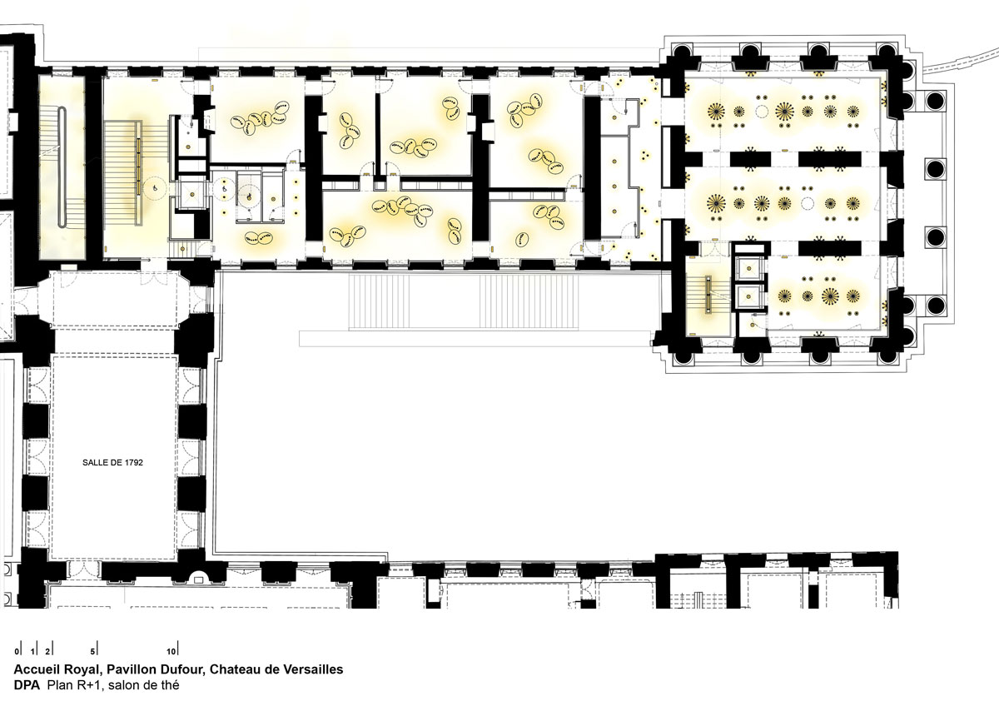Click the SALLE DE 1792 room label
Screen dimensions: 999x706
[x=112, y=463]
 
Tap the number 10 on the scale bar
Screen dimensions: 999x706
[x=171, y=652]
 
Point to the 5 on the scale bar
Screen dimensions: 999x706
[x=92, y=652]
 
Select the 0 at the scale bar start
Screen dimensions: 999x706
[x=17, y=652]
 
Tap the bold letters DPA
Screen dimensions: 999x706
[x=27, y=685]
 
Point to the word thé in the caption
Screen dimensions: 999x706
[x=169, y=685]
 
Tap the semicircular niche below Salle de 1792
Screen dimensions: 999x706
[x=197, y=578]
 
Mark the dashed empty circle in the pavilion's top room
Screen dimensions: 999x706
[x=761, y=111]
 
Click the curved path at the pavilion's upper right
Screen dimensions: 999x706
[x=960, y=57]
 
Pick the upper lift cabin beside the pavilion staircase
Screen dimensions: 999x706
[x=749, y=268]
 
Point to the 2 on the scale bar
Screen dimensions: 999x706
[x=47, y=652]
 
